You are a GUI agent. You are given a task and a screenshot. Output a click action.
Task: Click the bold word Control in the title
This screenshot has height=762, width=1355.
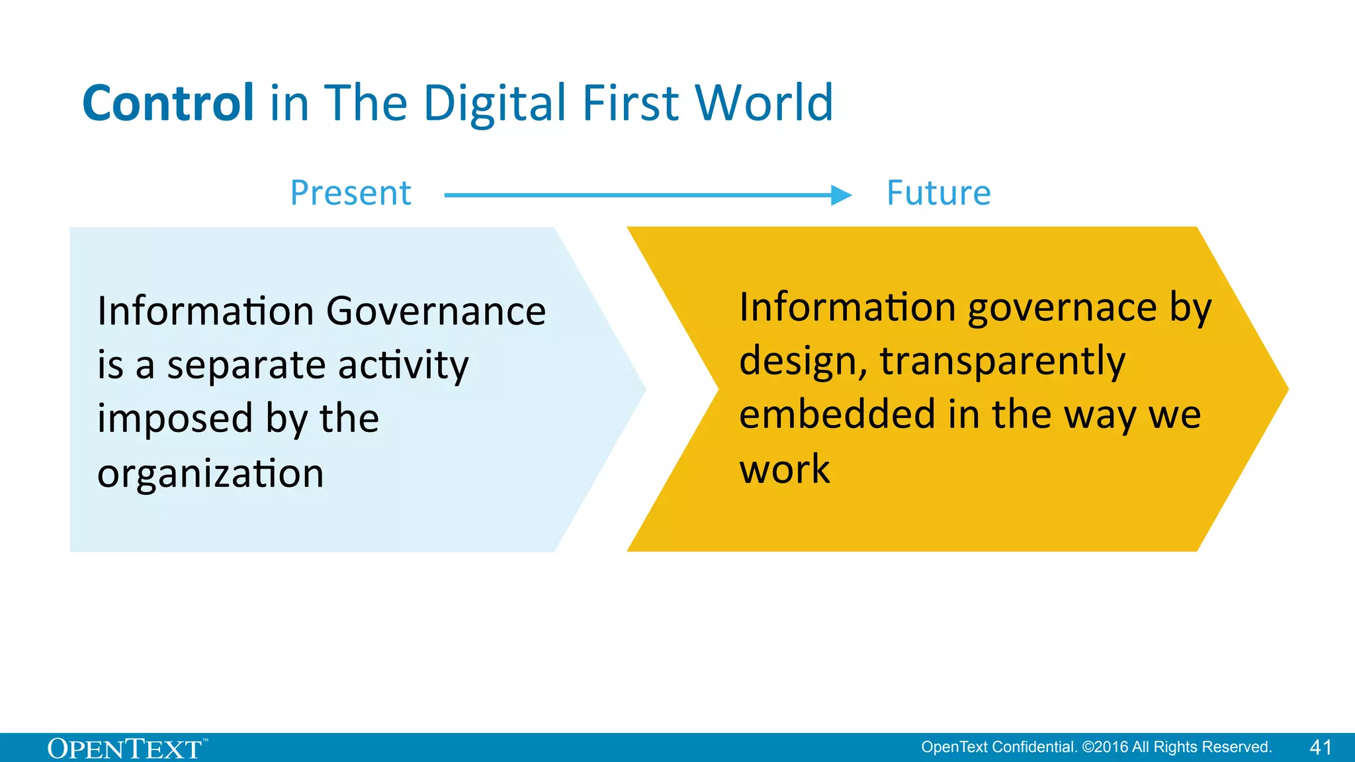tap(168, 103)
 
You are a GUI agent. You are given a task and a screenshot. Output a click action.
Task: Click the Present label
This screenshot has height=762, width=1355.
tap(351, 193)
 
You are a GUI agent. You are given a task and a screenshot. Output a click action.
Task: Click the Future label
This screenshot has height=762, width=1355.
tap(938, 193)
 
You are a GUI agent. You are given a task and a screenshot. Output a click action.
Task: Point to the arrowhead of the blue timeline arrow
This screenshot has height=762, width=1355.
tap(841, 195)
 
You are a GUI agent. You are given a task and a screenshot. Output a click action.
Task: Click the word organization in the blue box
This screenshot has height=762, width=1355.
tap(210, 474)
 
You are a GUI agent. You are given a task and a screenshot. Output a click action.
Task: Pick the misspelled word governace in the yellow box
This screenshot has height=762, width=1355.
tap(1062, 308)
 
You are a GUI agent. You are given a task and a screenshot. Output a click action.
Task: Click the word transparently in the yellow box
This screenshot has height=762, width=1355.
tap(1002, 362)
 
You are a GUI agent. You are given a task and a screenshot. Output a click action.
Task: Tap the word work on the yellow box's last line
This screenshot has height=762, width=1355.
tap(784, 469)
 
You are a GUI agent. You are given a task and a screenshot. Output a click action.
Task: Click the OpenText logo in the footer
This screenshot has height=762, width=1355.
tap(126, 749)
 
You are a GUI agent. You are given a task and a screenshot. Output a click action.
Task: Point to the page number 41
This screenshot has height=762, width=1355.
tap(1321, 747)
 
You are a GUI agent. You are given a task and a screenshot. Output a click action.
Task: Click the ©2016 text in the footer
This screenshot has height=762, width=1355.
tap(1105, 747)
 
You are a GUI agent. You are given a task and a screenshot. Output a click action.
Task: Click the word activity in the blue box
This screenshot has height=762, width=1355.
tap(403, 365)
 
